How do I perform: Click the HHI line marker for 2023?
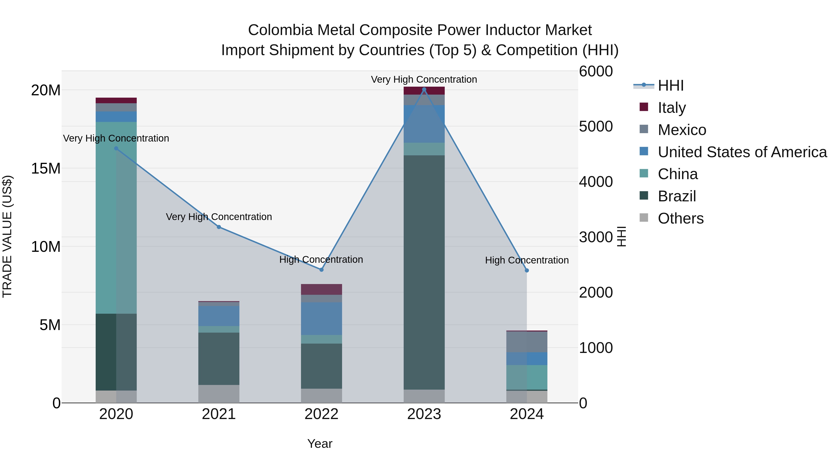point(424,89)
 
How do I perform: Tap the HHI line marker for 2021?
point(219,227)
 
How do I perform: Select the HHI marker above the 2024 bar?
point(527,270)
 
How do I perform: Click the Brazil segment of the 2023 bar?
point(424,272)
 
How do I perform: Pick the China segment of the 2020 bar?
point(116,218)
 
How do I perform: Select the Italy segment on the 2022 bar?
point(321,289)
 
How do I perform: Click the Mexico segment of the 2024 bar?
point(527,342)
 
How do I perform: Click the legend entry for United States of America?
point(742,152)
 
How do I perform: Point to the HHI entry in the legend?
point(670,85)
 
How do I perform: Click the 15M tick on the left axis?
point(46,168)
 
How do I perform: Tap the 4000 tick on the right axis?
point(595,182)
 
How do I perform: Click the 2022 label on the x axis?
point(321,414)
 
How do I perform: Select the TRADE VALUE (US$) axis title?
point(7,236)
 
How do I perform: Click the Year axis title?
point(320,444)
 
